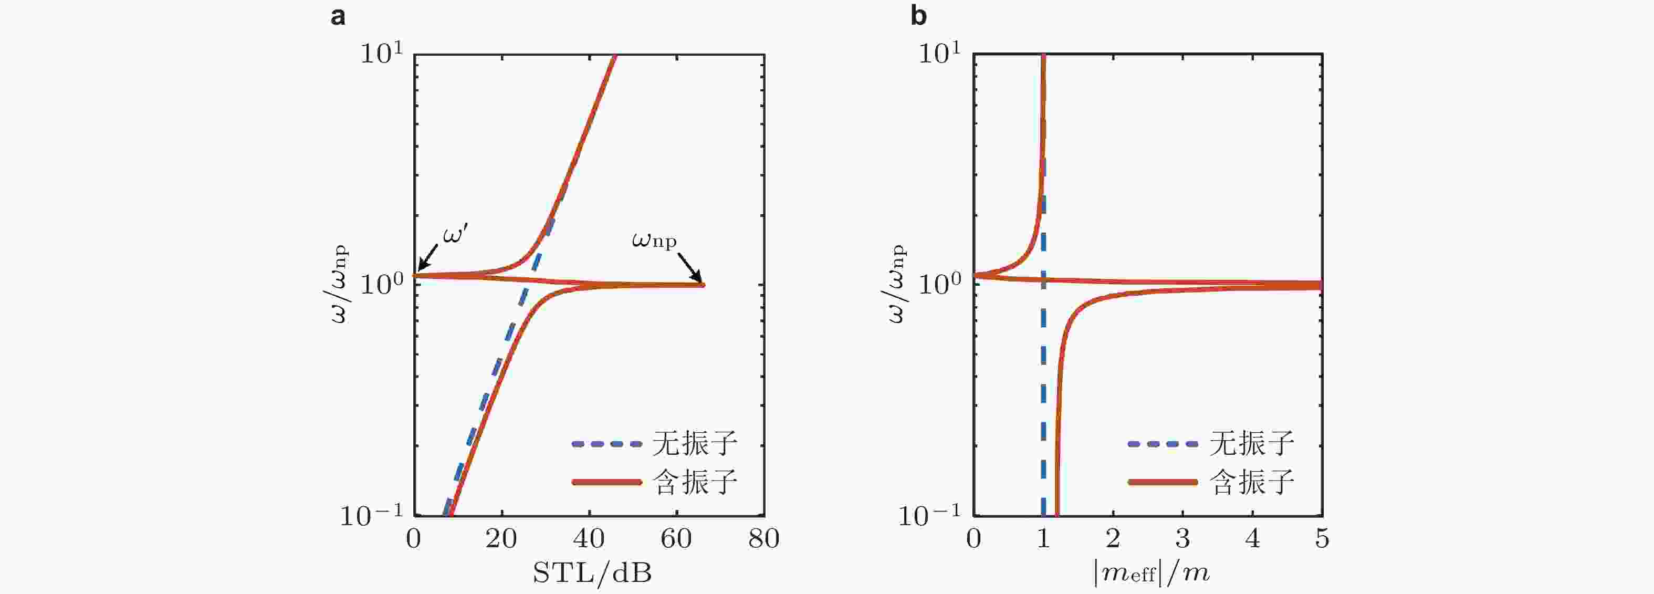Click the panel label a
338,16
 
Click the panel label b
918,16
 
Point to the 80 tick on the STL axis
763,538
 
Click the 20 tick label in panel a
501,538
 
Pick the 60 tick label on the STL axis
676,538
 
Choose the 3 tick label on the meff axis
1182,538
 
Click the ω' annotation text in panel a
455,235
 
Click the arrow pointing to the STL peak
691,266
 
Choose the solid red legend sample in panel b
1163,482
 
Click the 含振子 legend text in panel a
695,482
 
